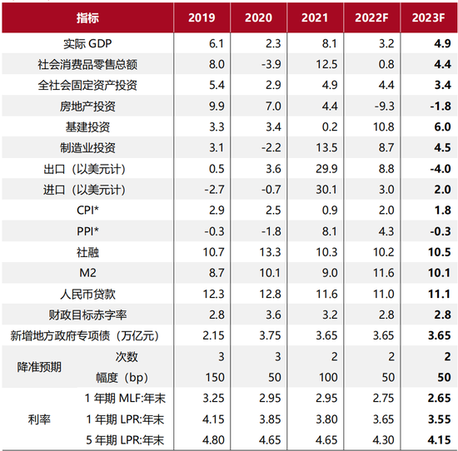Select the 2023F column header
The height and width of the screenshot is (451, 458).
click(x=430, y=17)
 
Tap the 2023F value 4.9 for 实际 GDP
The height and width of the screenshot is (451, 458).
click(x=430, y=43)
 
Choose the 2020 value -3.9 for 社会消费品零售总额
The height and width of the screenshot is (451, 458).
click(x=264, y=64)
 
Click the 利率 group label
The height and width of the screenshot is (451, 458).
click(x=39, y=419)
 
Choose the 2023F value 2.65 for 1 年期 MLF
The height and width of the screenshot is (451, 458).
click(x=430, y=398)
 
